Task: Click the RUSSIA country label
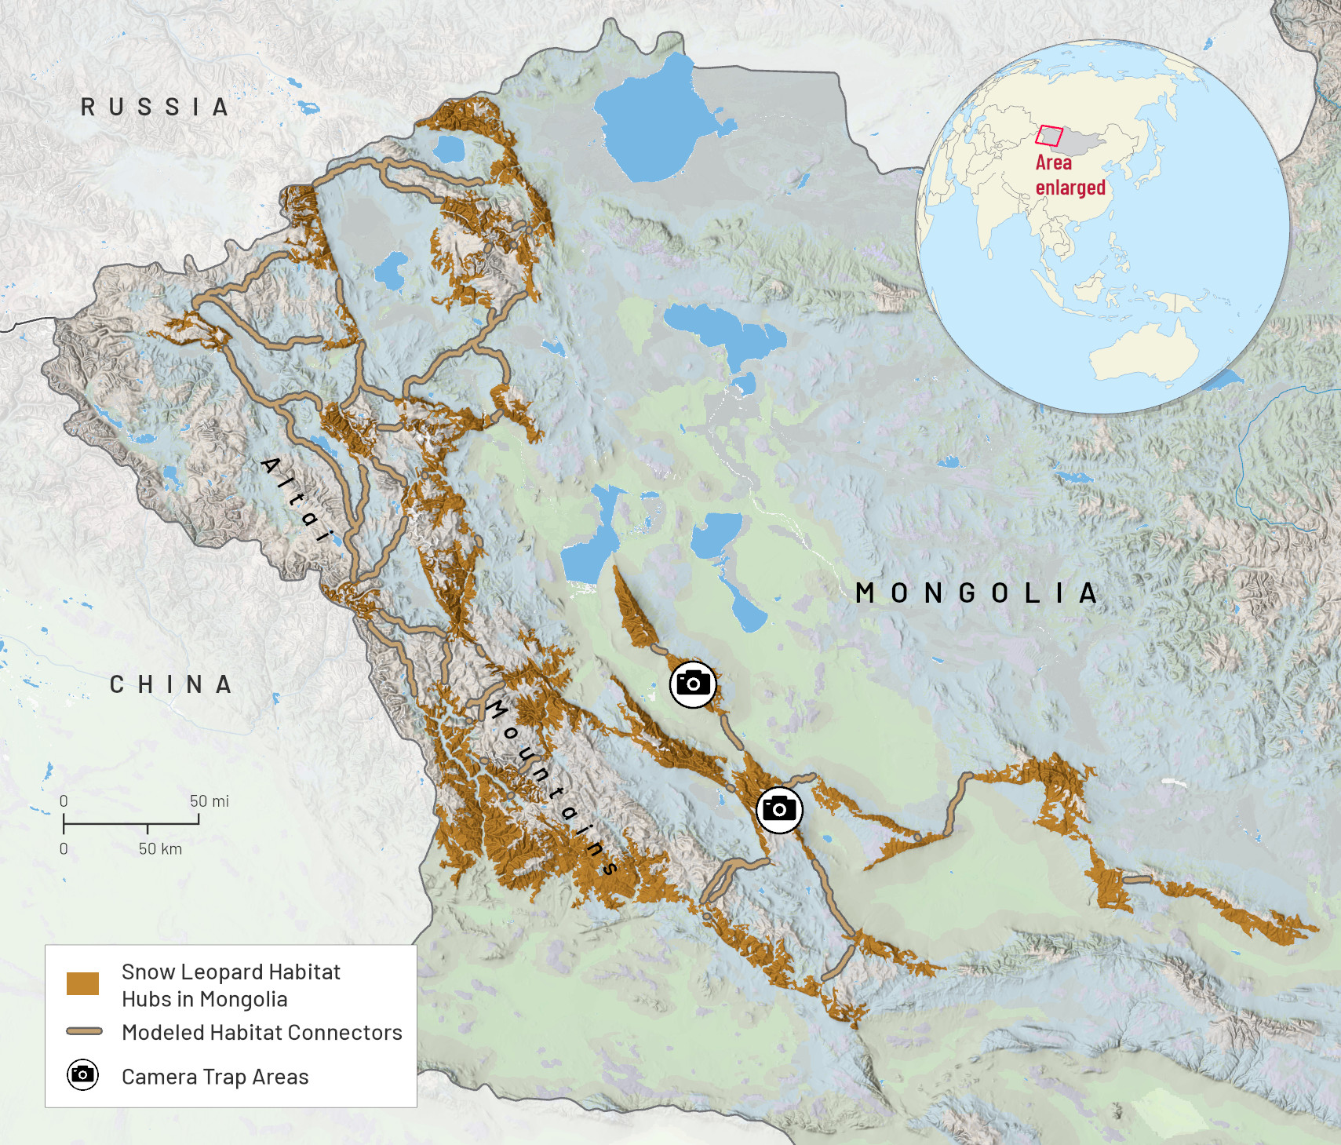coord(155,108)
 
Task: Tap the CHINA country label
coord(170,685)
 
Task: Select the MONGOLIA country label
coord(976,593)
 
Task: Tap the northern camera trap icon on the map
coord(693,684)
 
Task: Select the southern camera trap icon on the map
coord(779,809)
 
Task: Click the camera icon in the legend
coord(82,1074)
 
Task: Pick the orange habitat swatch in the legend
coord(82,983)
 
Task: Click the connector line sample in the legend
coord(84,1031)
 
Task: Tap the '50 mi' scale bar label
coord(209,801)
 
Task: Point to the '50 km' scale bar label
coord(160,849)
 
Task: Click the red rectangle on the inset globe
coord(1048,136)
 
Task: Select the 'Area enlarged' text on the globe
coord(1069,175)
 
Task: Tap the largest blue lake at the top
coord(652,118)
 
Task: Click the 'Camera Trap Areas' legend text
coord(215,1077)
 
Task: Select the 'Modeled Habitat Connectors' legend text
coord(261,1032)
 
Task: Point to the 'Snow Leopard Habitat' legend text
coord(231,972)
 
